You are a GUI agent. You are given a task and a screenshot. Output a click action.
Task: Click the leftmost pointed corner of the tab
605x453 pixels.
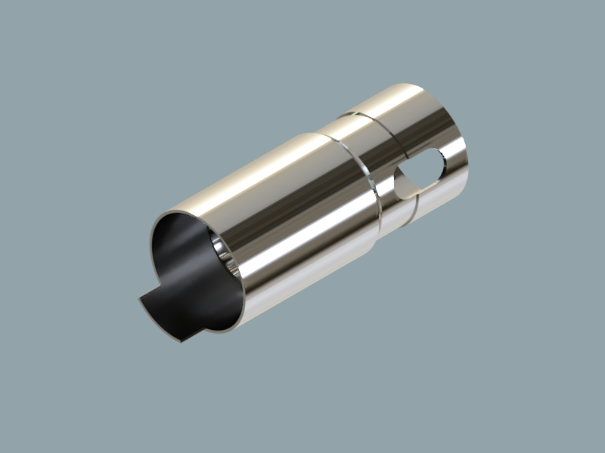click(x=140, y=300)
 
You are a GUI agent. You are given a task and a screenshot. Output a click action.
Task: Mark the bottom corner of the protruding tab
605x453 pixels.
click(x=181, y=341)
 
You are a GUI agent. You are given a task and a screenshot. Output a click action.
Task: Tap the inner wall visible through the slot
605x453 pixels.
click(x=406, y=186)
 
